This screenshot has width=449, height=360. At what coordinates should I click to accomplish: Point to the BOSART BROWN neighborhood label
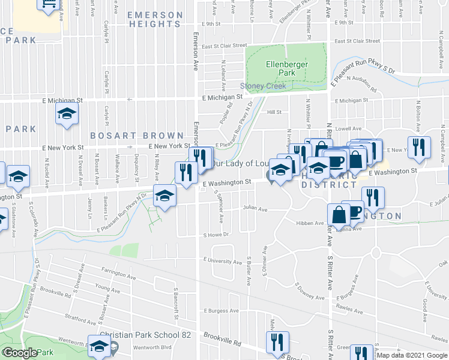(137, 136)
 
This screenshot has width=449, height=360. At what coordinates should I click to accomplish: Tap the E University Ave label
(222, 260)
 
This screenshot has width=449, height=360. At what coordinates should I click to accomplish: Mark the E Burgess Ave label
(220, 311)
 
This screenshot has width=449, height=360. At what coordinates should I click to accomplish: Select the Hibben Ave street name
(310, 223)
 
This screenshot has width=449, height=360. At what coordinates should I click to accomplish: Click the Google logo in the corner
(20, 353)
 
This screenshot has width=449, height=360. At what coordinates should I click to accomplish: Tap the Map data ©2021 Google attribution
(411, 355)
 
